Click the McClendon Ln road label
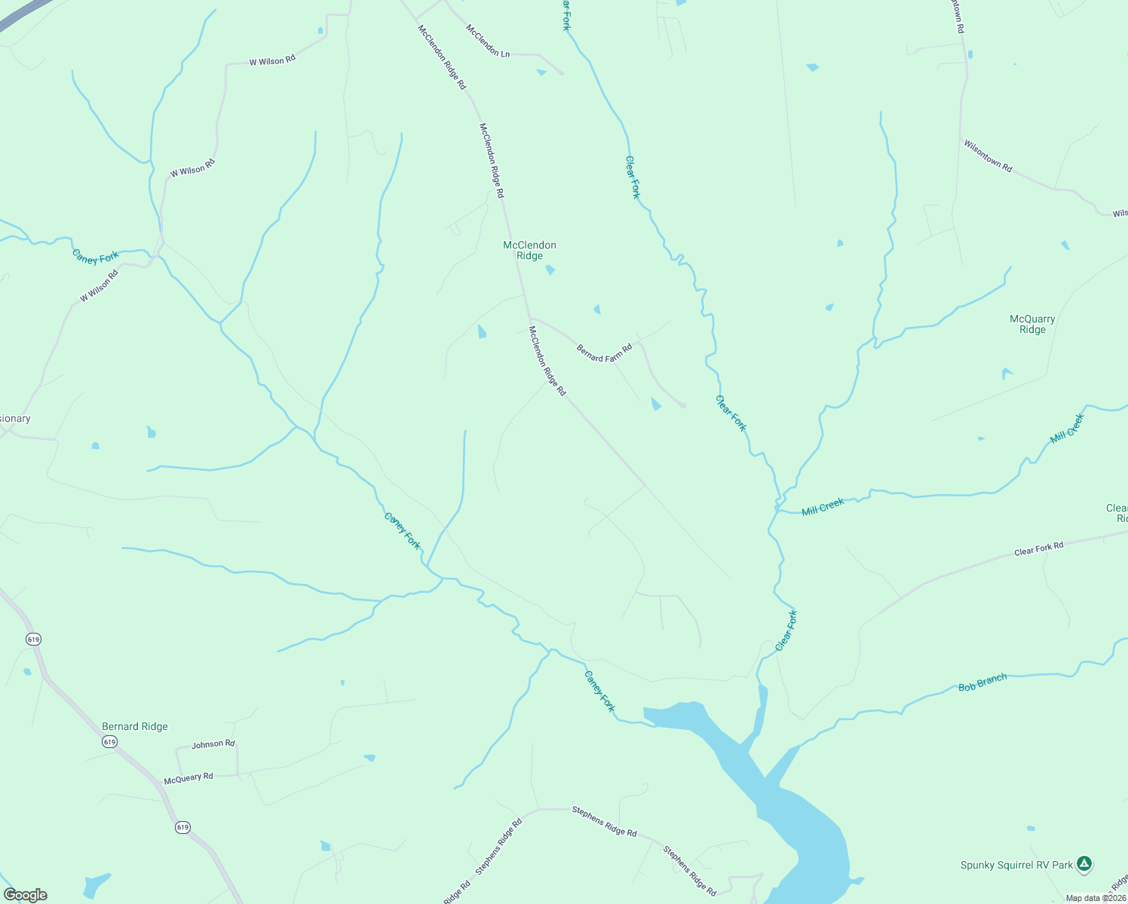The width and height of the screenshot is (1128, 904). click(x=488, y=41)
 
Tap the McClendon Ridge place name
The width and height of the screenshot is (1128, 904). click(x=529, y=250)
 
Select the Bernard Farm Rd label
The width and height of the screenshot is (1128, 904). click(x=604, y=353)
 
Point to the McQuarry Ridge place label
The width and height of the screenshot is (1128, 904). click(x=1032, y=324)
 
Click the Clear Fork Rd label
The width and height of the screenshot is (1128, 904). click(x=1038, y=549)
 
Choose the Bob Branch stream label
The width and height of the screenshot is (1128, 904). click(x=982, y=683)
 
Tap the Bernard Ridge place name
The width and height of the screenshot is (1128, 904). click(x=135, y=726)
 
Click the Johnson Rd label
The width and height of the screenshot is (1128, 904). click(x=213, y=744)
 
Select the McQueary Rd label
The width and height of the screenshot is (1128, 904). click(x=189, y=777)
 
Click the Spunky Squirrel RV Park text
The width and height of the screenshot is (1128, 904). click(x=1016, y=865)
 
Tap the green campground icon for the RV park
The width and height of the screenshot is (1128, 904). click(x=1084, y=863)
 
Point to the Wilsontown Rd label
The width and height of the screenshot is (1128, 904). click(x=987, y=155)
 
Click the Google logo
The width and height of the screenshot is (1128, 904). click(x=26, y=895)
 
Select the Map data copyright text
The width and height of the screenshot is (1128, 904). click(x=1096, y=898)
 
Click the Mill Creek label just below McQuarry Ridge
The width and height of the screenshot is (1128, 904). click(x=1067, y=428)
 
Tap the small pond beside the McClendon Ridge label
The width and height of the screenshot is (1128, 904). click(x=550, y=270)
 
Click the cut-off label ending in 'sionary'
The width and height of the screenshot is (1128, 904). click(x=15, y=419)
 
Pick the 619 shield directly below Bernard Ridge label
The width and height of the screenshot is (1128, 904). click(x=110, y=742)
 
